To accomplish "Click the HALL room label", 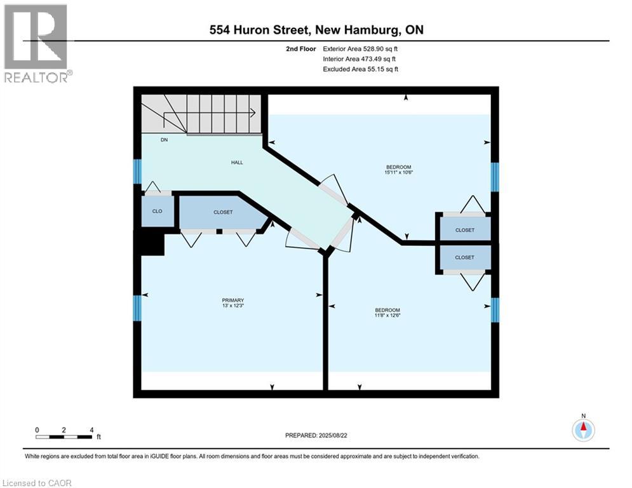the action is click(x=237, y=163).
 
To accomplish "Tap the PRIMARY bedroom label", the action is click(x=233, y=300).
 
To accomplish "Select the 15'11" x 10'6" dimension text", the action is click(x=399, y=172).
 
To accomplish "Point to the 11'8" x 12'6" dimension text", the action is click(x=387, y=315).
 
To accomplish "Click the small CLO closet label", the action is click(x=157, y=212).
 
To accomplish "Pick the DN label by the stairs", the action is click(x=164, y=140).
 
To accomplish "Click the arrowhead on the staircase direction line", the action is click(x=253, y=113).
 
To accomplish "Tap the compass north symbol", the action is click(x=583, y=430).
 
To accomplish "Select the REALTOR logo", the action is click(x=36, y=43).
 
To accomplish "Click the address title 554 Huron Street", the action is click(x=260, y=30).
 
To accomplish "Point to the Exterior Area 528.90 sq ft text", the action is click(x=360, y=49).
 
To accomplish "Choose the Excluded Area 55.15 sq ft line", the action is click(x=360, y=69).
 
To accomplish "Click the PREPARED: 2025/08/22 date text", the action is click(x=316, y=435).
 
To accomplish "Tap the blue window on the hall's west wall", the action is click(x=137, y=172).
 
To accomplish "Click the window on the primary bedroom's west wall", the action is click(x=137, y=309).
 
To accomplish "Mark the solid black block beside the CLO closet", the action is click(x=149, y=243).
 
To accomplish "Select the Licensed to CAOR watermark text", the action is click(x=37, y=483).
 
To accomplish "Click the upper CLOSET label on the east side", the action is click(x=465, y=230).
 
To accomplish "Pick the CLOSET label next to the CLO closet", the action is click(x=223, y=212).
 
